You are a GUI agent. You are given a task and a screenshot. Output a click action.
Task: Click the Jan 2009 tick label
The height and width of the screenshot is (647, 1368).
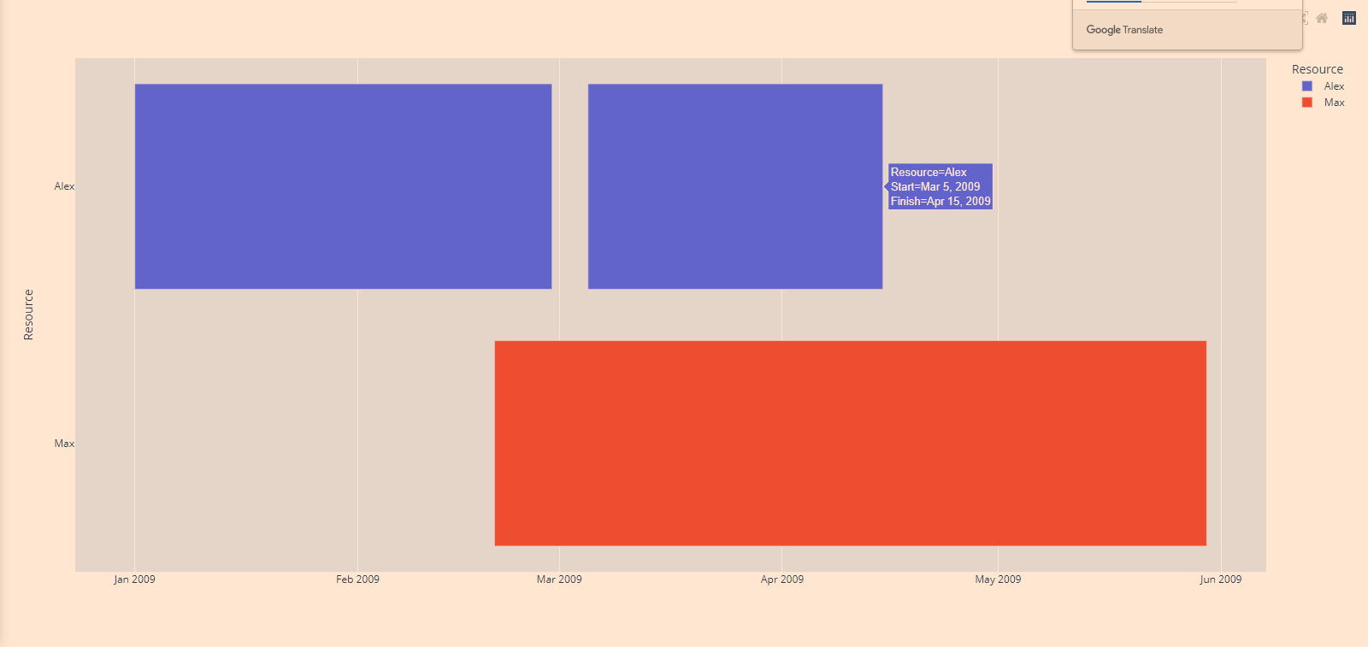tap(134, 579)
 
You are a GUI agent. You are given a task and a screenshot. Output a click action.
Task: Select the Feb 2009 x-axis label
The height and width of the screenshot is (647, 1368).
tap(357, 579)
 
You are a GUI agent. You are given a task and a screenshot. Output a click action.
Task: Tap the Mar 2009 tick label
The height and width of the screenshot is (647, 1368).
tap(559, 579)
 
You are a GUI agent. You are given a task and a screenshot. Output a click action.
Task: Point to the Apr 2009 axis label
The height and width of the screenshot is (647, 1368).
tap(781, 579)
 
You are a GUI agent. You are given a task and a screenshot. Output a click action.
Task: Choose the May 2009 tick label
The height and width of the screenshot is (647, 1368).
tap(998, 579)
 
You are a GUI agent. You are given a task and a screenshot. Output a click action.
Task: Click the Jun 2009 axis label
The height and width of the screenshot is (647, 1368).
tap(1220, 579)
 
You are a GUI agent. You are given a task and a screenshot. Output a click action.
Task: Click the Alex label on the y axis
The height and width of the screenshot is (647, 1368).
tap(64, 186)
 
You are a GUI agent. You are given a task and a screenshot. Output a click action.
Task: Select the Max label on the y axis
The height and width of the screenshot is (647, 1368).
tap(64, 444)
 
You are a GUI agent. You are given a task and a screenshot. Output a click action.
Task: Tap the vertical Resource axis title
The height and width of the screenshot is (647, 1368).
tap(28, 315)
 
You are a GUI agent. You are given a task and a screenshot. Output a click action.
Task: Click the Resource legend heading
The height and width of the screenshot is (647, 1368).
tap(1317, 69)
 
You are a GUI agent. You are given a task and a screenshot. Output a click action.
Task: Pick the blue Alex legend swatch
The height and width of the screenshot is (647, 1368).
tap(1306, 86)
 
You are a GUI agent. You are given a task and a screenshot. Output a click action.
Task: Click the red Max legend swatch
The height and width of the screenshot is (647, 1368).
tap(1306, 103)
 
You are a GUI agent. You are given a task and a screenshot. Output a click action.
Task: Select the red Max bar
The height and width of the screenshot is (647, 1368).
tap(850, 443)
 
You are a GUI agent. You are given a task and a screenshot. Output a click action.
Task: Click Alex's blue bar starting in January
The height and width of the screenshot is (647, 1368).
tap(343, 186)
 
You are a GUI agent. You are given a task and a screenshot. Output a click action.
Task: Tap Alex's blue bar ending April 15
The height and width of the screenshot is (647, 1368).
tap(734, 186)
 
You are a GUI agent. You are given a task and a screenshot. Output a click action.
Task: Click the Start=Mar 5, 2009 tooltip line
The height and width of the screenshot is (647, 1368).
tap(935, 187)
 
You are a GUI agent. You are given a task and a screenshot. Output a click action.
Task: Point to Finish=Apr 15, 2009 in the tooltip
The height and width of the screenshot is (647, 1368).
tap(940, 202)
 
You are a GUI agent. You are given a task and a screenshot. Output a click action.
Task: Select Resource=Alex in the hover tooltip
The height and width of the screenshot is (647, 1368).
tap(929, 173)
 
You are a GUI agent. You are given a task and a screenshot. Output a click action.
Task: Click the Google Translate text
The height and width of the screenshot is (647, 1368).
tap(1124, 30)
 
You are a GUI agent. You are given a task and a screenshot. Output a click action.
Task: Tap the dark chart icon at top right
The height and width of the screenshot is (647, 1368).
tap(1349, 18)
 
